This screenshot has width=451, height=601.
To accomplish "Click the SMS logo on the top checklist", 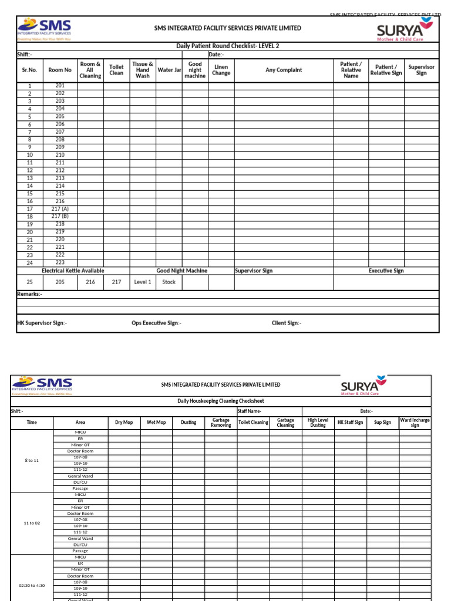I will pyautogui.click(x=45, y=29).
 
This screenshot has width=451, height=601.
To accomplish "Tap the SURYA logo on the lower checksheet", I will pyautogui.click(x=364, y=386).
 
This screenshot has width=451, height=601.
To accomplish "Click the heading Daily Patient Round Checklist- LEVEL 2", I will pyautogui.click(x=228, y=46).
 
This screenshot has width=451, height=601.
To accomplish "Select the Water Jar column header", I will pyautogui.click(x=169, y=70).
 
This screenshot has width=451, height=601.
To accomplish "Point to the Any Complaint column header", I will pyautogui.click(x=284, y=70).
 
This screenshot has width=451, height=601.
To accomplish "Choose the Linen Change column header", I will pyautogui.click(x=221, y=70).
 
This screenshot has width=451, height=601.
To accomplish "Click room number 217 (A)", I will pyautogui.click(x=60, y=209).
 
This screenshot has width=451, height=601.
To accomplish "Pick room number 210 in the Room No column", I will pyautogui.click(x=60, y=155).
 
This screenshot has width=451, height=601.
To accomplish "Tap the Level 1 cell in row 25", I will pyautogui.click(x=143, y=282).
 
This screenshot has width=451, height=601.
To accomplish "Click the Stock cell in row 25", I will pyautogui.click(x=169, y=282).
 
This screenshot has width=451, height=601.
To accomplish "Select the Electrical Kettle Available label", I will pyautogui.click(x=73, y=271).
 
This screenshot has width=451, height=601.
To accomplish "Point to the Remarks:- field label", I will pyautogui.click(x=29, y=293).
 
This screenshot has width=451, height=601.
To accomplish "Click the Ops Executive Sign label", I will pyautogui.click(x=156, y=323).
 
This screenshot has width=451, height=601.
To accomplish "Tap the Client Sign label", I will pyautogui.click(x=286, y=323).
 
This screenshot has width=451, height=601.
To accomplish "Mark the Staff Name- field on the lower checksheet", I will pyautogui.click(x=250, y=411).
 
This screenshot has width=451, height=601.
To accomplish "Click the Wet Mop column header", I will pyautogui.click(x=156, y=422).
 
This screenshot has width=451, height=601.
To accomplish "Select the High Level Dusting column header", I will pyautogui.click(x=318, y=423).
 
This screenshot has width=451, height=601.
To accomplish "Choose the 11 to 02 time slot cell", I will pyautogui.click(x=32, y=523).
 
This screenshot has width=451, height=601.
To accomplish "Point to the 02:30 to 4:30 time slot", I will pyautogui.click(x=32, y=585).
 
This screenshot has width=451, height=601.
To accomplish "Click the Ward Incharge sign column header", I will pyautogui.click(x=415, y=423).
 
